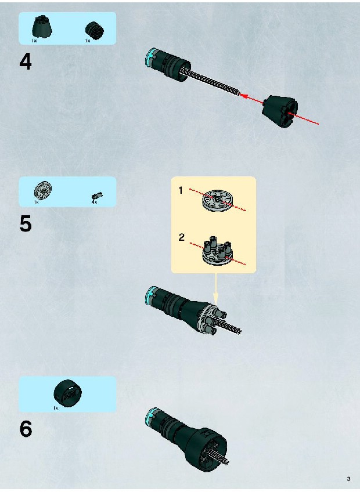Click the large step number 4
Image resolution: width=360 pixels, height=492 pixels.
(x=26, y=62)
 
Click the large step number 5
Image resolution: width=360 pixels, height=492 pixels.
(x=26, y=224)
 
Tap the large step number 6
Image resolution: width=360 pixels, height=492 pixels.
(x=26, y=429)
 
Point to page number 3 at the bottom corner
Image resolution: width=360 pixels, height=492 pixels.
(x=348, y=479)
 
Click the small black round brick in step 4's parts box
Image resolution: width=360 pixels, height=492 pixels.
(x=94, y=30)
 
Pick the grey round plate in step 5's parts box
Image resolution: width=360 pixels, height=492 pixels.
(x=43, y=190)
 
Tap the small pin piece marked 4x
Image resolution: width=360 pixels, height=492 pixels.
(x=98, y=196)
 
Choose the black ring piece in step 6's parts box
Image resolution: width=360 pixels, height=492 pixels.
(x=67, y=393)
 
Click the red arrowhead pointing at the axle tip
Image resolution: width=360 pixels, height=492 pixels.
(x=243, y=95)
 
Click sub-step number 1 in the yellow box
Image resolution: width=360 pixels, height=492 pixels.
(x=181, y=190)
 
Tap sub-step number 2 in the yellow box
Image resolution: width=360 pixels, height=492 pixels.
(x=181, y=237)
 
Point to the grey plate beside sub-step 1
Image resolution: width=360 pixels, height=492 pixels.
(x=218, y=201)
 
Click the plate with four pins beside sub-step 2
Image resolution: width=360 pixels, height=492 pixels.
(x=217, y=249)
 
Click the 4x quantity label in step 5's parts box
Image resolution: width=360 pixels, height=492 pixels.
(x=94, y=202)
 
